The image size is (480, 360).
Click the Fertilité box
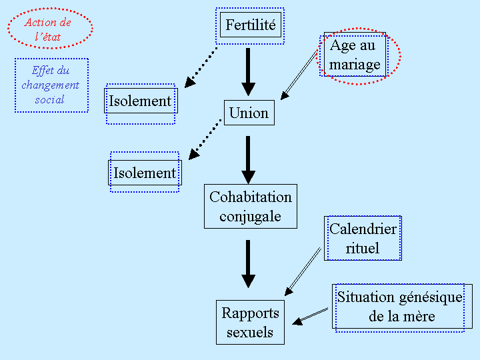[251, 25]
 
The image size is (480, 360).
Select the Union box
[249, 113]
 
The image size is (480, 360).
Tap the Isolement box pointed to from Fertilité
[140, 101]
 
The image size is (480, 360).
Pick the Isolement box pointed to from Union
[145, 173]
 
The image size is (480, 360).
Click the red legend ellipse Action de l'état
[50, 29]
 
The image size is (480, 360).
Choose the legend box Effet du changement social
[51, 85]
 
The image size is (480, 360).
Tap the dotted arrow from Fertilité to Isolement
[201, 67]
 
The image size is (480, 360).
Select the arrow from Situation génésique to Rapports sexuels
[311, 316]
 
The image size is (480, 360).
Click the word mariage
[355, 64]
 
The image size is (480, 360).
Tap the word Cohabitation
[251, 197]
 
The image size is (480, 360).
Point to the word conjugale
[250, 216]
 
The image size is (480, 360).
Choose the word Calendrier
[363, 229]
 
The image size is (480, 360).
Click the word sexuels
[250, 332]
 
